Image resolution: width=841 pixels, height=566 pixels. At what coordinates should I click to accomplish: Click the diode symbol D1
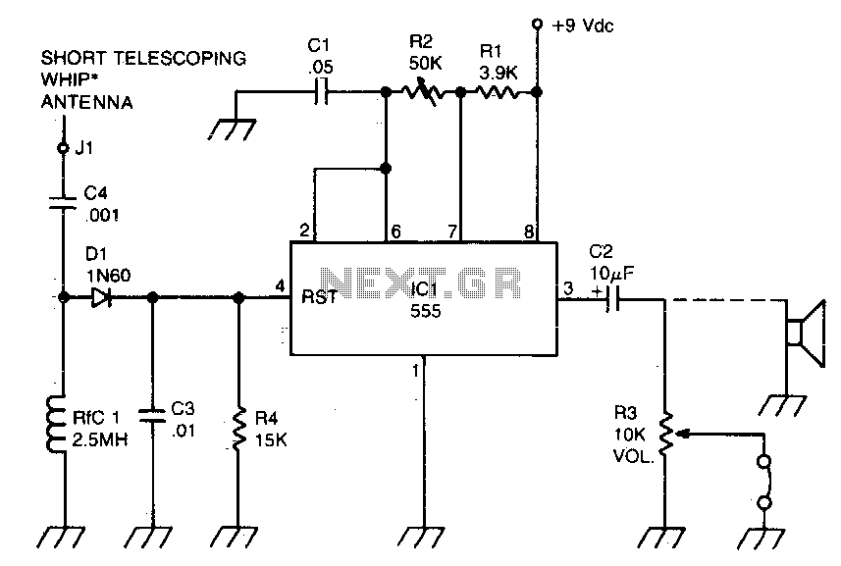[x=101, y=297]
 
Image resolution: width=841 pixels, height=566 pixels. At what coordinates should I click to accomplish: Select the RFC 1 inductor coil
[x=56, y=425]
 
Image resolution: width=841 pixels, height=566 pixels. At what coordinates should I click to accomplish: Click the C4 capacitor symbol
[x=63, y=203]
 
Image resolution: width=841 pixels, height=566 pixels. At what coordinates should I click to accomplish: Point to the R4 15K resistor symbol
[x=239, y=429]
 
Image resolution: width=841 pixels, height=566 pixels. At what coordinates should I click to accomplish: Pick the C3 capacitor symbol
[x=152, y=416]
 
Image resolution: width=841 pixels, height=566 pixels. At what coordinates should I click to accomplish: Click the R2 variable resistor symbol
[x=423, y=93]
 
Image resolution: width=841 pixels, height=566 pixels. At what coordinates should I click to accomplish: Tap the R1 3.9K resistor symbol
[x=499, y=93]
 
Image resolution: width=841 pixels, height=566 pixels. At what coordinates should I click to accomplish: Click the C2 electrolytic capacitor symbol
[x=611, y=298]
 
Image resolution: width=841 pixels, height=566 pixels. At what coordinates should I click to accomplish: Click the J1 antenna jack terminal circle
[x=63, y=148]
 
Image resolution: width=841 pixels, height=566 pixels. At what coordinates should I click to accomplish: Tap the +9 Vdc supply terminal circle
[x=537, y=24]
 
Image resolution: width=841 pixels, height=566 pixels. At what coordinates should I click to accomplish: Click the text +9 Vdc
[x=583, y=26]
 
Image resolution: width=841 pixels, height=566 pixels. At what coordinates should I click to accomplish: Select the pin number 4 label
[x=280, y=285]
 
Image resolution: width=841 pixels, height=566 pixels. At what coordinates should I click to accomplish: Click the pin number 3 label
[x=568, y=289]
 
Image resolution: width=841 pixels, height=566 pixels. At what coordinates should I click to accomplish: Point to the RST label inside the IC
[x=319, y=297]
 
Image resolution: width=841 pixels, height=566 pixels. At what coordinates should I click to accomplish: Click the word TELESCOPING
[x=182, y=58]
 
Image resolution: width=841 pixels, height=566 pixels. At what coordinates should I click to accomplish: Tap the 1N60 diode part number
[x=108, y=276]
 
